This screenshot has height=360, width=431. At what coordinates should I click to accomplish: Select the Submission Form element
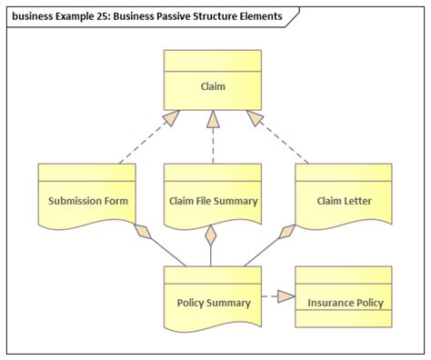tap(87, 201)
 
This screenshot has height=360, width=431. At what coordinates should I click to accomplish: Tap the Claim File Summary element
tap(213, 201)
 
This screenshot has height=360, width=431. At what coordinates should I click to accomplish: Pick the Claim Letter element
tap(344, 201)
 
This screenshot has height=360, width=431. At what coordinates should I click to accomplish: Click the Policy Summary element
tap(212, 302)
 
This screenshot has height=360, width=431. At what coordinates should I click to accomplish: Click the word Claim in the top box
tap(212, 87)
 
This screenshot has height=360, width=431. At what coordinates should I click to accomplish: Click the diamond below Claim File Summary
tap(212, 236)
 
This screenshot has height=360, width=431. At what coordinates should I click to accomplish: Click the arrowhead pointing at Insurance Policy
tap(286, 295)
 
